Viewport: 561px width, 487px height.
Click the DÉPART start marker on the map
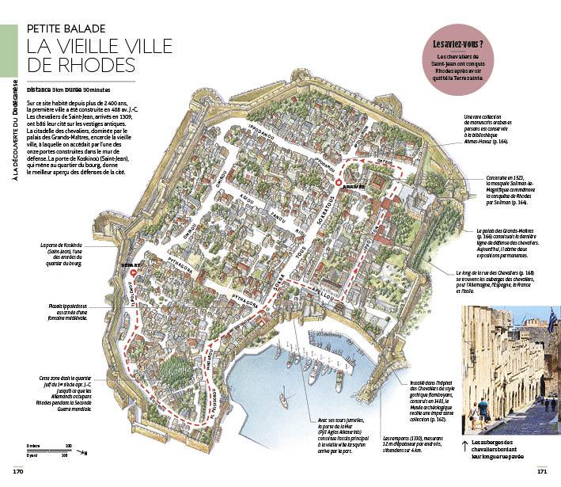click(133, 272)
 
